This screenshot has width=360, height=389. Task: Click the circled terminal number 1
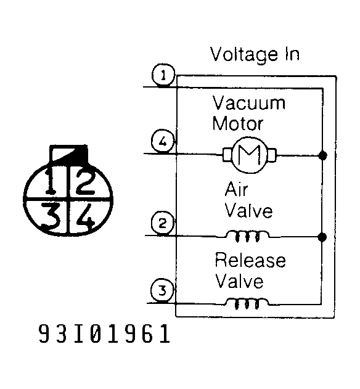pyautogui.click(x=163, y=75)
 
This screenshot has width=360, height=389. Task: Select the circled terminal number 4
pyautogui.click(x=163, y=141)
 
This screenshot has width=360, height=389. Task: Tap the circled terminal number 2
pyautogui.click(x=163, y=223)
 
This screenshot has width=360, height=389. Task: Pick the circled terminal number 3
pyautogui.click(x=162, y=290)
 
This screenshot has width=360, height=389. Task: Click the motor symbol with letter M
pyautogui.click(x=249, y=155)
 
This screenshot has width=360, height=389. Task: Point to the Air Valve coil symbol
pyautogui.click(x=247, y=236)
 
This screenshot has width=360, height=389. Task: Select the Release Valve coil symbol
pyautogui.click(x=247, y=304)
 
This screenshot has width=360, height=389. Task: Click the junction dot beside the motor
pyautogui.click(x=322, y=155)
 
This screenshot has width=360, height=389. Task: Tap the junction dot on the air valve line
pyautogui.click(x=322, y=237)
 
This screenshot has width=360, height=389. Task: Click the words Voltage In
pyautogui.click(x=255, y=54)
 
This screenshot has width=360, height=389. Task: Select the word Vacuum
pyautogui.click(x=248, y=103)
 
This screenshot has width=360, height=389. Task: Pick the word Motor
pyautogui.click(x=237, y=123)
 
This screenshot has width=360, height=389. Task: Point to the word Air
pyautogui.click(x=236, y=189)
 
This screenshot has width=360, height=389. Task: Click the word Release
pyautogui.click(x=250, y=260)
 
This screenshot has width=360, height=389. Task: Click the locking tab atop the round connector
pyautogui.click(x=68, y=154)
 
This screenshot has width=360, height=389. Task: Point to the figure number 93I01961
pyautogui.click(x=104, y=334)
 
